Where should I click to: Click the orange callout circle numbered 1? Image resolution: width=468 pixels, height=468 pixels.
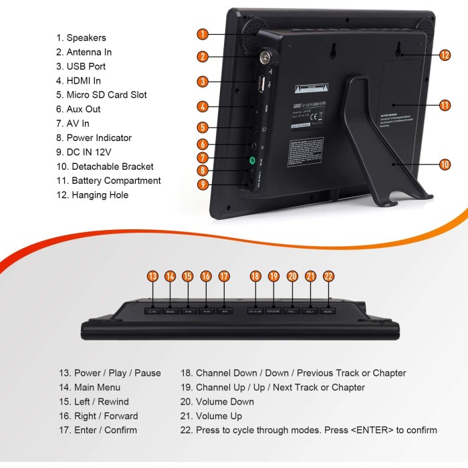[203, 33]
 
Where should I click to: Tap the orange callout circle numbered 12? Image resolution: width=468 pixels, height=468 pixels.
[445, 55]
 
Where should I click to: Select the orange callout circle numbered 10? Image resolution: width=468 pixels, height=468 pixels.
[445, 163]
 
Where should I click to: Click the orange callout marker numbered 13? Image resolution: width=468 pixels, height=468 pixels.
[152, 276]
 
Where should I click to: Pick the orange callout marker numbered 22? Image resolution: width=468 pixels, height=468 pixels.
[328, 276]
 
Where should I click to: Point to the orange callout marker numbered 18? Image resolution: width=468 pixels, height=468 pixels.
[255, 276]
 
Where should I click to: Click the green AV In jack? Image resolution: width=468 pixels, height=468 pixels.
[252, 160]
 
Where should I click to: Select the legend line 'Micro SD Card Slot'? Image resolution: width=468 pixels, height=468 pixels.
[102, 95]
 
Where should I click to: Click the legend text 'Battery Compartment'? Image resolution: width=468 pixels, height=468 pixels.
[108, 181]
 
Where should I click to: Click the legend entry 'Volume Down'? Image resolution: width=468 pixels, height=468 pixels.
[225, 402]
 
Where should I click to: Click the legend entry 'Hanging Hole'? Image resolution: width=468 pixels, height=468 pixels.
[92, 195]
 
